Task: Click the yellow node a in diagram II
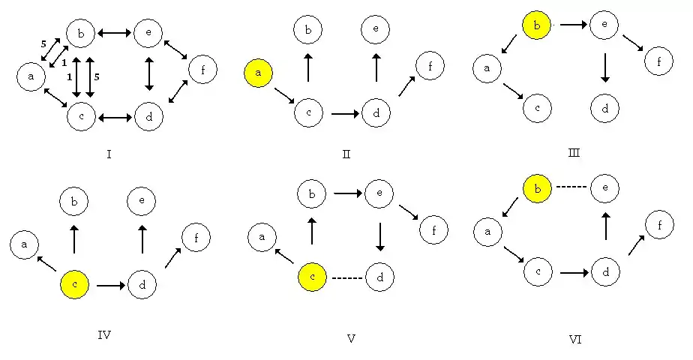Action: [x=258, y=73]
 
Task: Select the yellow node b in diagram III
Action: [x=536, y=25]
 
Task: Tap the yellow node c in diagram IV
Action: [x=75, y=284]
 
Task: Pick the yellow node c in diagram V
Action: [x=313, y=277]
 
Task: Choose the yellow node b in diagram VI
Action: [x=538, y=188]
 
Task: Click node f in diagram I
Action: [x=202, y=69]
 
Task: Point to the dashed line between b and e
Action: [x=571, y=187]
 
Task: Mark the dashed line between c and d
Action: [x=347, y=278]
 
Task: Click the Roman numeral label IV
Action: [x=104, y=335]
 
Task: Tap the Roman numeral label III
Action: [x=574, y=153]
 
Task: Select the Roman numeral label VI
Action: [x=575, y=340]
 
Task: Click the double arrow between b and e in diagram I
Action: [x=115, y=33]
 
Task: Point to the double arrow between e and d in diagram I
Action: [x=149, y=73]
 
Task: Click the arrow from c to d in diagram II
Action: [x=345, y=114]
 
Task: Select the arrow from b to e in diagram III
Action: [x=574, y=25]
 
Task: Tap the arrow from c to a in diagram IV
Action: [x=46, y=263]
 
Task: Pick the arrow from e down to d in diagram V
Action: [x=380, y=237]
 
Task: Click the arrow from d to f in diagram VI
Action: [x=637, y=245]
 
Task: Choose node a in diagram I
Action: [x=31, y=76]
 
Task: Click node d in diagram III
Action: [x=605, y=108]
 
